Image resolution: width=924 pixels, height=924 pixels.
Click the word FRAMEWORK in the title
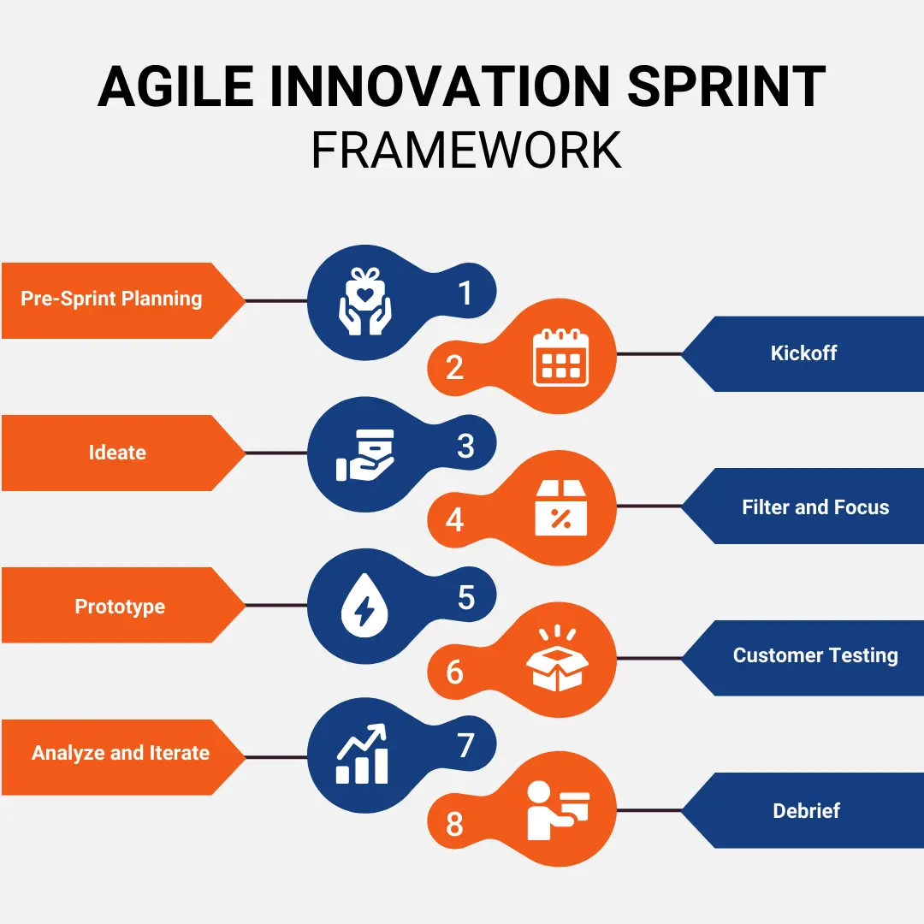[466, 151]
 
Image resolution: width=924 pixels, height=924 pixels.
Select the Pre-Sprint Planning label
[111, 299]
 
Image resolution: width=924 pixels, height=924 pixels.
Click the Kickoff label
[803, 353]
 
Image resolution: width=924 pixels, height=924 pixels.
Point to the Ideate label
[117, 453]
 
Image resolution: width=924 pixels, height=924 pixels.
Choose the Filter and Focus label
[815, 507]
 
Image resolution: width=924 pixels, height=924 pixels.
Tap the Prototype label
[120, 607]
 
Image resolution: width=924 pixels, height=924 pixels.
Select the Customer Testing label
[815, 656]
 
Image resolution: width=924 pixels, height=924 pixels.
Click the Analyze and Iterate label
[121, 754]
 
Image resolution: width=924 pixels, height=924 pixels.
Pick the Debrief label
[806, 810]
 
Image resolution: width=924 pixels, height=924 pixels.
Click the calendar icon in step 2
[560, 358]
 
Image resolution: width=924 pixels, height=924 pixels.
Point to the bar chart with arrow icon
[362, 755]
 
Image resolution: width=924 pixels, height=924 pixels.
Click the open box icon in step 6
[555, 660]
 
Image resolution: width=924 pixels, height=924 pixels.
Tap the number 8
[454, 825]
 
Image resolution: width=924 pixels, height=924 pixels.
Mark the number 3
[465, 447]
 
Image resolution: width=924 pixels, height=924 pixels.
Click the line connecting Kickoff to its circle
[649, 353]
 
